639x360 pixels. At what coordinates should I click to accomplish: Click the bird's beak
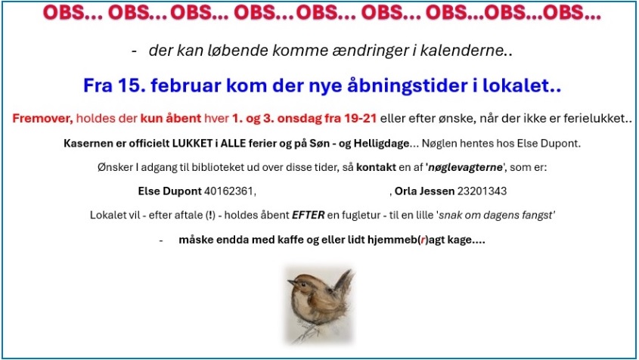pos(291,281)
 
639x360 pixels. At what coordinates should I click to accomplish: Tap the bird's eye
pos(300,281)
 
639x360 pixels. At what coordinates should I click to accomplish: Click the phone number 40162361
pos(228,191)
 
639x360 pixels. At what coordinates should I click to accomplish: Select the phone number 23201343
pos(482,191)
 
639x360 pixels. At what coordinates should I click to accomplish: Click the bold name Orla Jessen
pos(424,191)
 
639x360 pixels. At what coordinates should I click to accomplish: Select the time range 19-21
pos(360,118)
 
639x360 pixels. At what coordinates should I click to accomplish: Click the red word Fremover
pos(42,118)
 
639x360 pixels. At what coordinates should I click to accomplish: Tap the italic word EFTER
pos(308,215)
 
